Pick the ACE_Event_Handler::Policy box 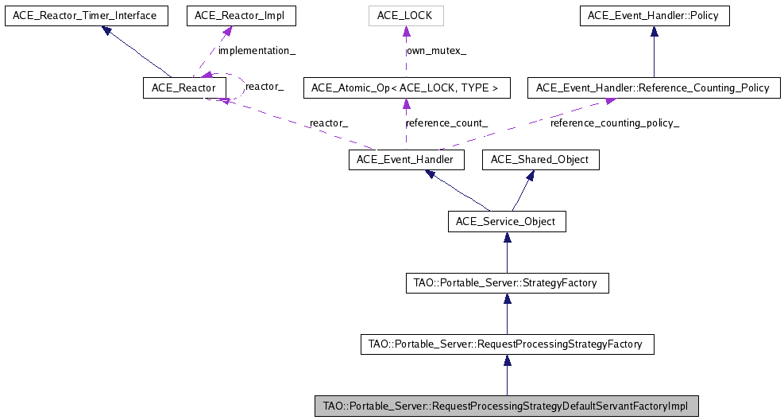(x=654, y=16)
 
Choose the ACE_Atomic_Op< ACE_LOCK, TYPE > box (x=406, y=87)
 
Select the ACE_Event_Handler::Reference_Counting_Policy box (x=653, y=87)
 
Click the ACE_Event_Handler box (x=406, y=160)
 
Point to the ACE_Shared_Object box (x=540, y=160)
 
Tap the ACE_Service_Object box (x=507, y=221)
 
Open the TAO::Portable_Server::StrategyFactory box (x=507, y=282)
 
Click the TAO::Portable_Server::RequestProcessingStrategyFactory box (x=507, y=344)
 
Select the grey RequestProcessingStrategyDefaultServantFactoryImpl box (x=507, y=406)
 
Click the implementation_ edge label (x=257, y=51)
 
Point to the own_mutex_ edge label (x=436, y=51)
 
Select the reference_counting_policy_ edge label (x=615, y=123)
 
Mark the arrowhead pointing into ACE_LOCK (x=406, y=32)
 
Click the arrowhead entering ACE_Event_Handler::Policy (x=654, y=32)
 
